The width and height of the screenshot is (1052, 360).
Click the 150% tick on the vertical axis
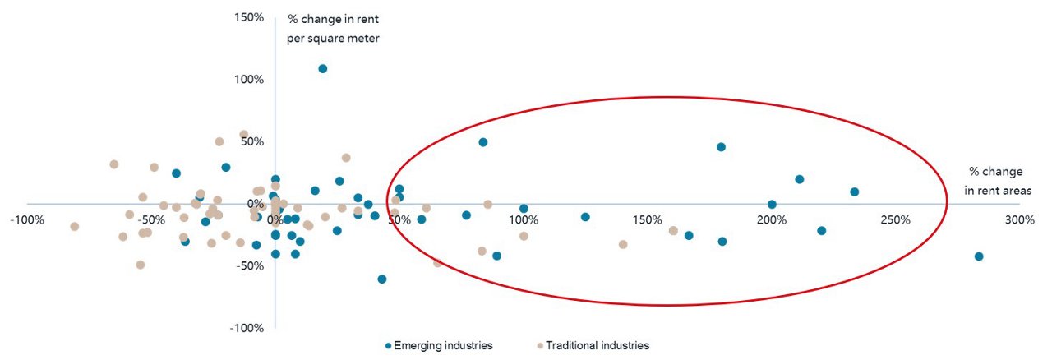(247, 17)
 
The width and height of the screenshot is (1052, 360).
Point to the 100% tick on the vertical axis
(247, 80)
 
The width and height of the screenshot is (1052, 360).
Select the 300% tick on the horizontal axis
(1019, 220)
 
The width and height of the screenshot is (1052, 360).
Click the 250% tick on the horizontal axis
(895, 220)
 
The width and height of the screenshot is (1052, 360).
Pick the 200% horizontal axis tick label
(771, 220)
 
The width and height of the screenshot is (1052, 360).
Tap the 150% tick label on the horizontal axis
(647, 220)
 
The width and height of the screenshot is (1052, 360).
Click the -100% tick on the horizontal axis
(27, 220)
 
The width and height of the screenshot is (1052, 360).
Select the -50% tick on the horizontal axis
(151, 220)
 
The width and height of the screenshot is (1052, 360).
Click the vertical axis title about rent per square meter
(333, 29)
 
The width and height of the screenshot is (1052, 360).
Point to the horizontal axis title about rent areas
(995, 182)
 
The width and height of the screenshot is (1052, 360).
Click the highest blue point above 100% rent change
(323, 69)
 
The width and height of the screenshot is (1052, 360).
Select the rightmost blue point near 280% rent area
(979, 256)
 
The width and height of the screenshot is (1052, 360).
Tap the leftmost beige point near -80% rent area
(75, 227)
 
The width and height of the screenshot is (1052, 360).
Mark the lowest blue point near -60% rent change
(382, 279)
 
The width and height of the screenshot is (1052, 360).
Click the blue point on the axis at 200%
(772, 205)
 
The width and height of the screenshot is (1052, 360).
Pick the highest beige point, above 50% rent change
(244, 135)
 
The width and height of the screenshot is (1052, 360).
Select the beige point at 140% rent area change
(623, 244)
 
